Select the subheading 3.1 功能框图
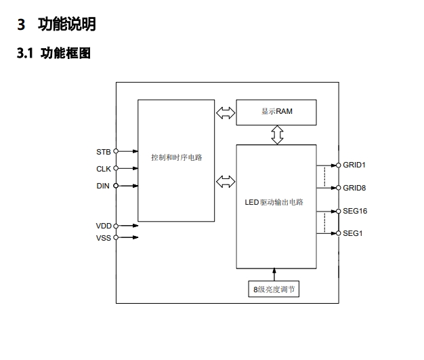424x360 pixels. (54, 54)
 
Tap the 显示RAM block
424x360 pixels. (276, 112)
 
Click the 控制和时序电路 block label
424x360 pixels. (176, 157)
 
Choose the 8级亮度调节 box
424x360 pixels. (276, 289)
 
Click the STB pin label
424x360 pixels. (104, 151)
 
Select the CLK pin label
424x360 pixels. (104, 169)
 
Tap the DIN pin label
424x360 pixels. (104, 185)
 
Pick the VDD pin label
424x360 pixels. (104, 225)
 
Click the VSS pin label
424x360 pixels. (104, 237)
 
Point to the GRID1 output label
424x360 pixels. (355, 165)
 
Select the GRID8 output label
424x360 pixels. (355, 188)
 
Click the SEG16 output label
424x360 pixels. (355, 211)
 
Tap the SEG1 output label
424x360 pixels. (352, 233)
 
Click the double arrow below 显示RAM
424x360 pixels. (276, 134)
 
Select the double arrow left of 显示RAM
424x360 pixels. (226, 112)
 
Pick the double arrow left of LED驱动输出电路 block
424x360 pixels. (226, 181)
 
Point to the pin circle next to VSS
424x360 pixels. (116, 237)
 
